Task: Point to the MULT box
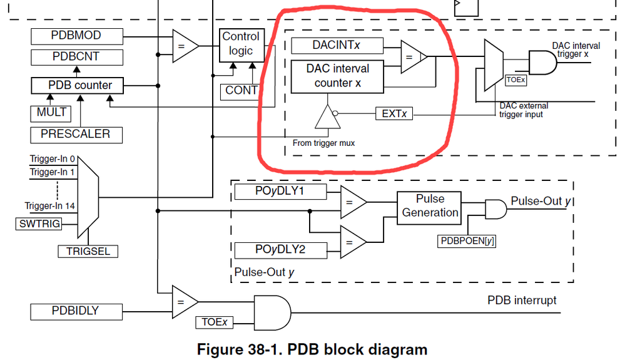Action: [51, 113]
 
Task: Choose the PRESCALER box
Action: [75, 134]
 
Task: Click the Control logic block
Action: [240, 44]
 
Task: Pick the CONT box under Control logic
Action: [241, 90]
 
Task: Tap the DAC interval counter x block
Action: [337, 76]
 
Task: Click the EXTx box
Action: [394, 114]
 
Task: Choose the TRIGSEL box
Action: [88, 251]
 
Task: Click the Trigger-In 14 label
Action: [49, 205]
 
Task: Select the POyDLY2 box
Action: [280, 250]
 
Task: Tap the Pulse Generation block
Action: [429, 206]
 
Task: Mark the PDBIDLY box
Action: [74, 311]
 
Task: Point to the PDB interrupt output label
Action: [521, 301]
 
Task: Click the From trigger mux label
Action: [323, 143]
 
